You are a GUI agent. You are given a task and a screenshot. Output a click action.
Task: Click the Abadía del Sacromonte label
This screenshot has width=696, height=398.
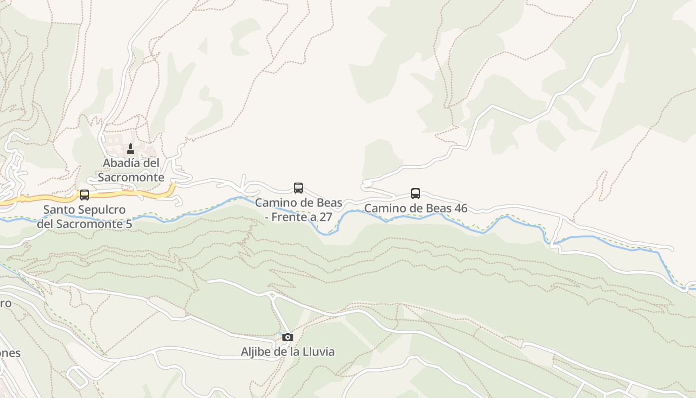[x=131, y=170]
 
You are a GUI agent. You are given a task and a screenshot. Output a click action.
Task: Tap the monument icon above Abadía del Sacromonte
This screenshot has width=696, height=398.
[x=131, y=148]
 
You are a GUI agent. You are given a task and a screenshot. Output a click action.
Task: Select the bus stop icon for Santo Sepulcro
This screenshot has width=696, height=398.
[x=85, y=195]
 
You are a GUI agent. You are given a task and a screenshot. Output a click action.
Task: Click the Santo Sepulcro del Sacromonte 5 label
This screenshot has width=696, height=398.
[x=85, y=216]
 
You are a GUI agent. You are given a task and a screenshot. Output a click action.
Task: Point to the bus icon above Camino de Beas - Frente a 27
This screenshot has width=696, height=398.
[x=298, y=188]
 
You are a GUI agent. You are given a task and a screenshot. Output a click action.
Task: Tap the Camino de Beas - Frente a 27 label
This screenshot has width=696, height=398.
[x=298, y=209]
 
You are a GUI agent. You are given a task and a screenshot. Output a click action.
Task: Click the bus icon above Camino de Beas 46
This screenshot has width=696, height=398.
[x=416, y=193]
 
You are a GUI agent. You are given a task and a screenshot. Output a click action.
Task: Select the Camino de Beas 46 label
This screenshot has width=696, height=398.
[x=416, y=208]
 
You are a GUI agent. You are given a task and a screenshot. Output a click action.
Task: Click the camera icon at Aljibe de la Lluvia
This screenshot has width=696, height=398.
[x=287, y=337]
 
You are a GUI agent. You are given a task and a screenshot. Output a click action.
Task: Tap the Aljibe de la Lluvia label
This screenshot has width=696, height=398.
[x=287, y=352]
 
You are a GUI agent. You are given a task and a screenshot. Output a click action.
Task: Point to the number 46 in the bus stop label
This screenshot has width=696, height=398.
[x=460, y=208]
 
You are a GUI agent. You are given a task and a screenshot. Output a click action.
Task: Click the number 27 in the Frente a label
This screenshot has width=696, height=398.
[x=325, y=217]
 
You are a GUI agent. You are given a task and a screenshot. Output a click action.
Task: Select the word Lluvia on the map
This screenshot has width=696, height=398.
[x=318, y=352]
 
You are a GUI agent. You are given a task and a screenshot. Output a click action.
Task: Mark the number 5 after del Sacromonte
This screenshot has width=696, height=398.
[x=129, y=224]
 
